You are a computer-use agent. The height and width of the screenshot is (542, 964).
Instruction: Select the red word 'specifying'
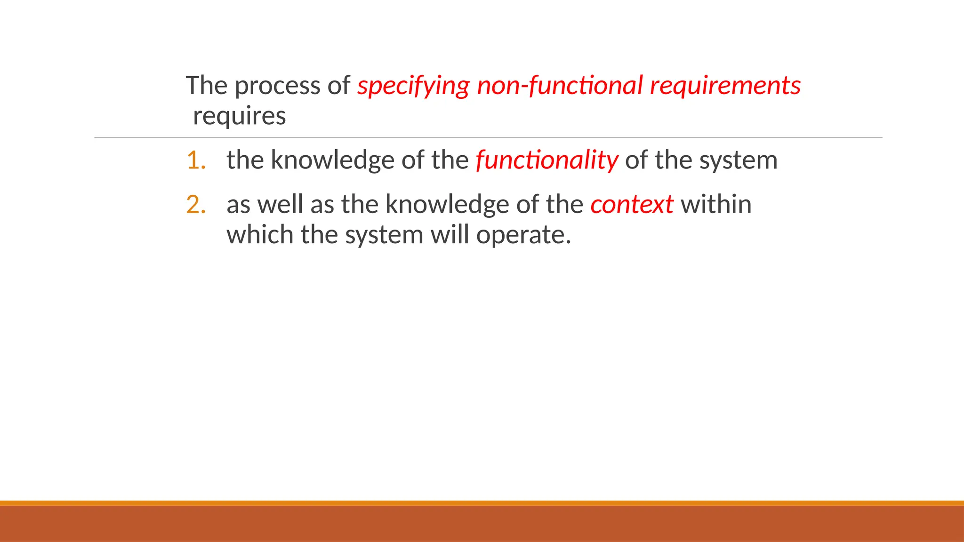(x=413, y=86)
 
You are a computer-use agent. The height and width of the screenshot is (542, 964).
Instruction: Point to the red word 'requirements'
(x=725, y=86)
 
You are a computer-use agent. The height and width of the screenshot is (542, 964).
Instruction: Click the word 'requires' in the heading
(x=239, y=116)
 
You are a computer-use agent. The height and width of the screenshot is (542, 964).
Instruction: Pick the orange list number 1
(x=196, y=160)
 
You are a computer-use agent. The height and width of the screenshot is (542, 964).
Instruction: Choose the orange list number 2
(x=196, y=205)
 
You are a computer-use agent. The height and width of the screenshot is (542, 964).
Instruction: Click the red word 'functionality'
(x=546, y=160)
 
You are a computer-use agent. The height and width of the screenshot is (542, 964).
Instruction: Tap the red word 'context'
(x=632, y=205)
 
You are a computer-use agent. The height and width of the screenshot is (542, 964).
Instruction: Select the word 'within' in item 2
(x=716, y=205)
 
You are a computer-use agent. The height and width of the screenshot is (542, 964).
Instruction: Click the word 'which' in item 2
(x=260, y=234)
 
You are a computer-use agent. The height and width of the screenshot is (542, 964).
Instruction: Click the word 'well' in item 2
(x=280, y=205)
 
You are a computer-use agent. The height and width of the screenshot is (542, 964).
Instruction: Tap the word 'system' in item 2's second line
(x=384, y=235)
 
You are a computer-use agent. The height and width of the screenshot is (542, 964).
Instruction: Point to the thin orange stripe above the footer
(x=482, y=503)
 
